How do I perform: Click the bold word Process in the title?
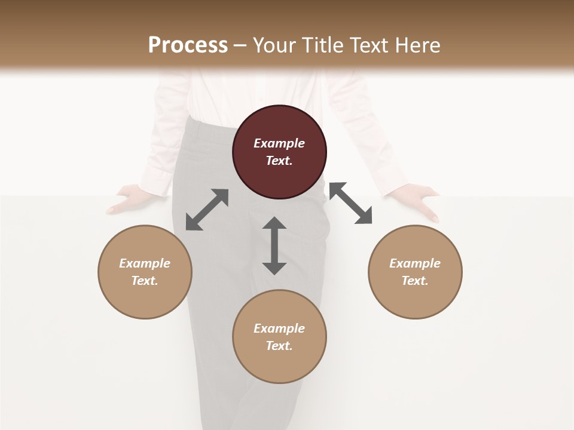188,45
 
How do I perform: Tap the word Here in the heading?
417,45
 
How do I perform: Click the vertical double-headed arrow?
274,245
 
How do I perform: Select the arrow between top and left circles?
207,210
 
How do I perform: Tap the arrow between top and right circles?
350,203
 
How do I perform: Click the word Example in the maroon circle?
279,143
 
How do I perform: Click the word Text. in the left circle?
145,281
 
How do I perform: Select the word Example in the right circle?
415,263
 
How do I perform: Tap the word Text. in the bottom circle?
279,346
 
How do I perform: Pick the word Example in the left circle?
145,263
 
